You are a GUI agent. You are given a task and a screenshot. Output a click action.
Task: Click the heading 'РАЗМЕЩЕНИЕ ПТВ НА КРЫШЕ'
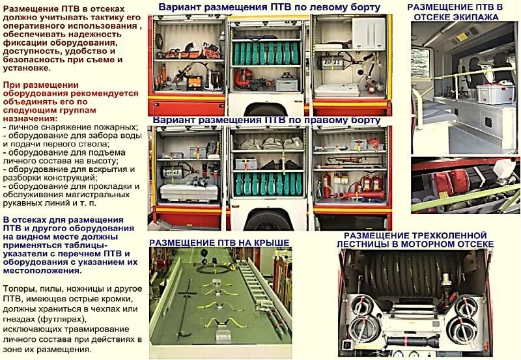pos(219,242)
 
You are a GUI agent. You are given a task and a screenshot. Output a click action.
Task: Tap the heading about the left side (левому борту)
pos(269,8)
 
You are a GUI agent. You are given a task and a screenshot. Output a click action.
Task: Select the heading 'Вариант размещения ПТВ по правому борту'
pos(266,120)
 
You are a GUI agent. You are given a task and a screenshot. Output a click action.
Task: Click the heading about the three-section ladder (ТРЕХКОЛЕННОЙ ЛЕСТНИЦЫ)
pos(415,239)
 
